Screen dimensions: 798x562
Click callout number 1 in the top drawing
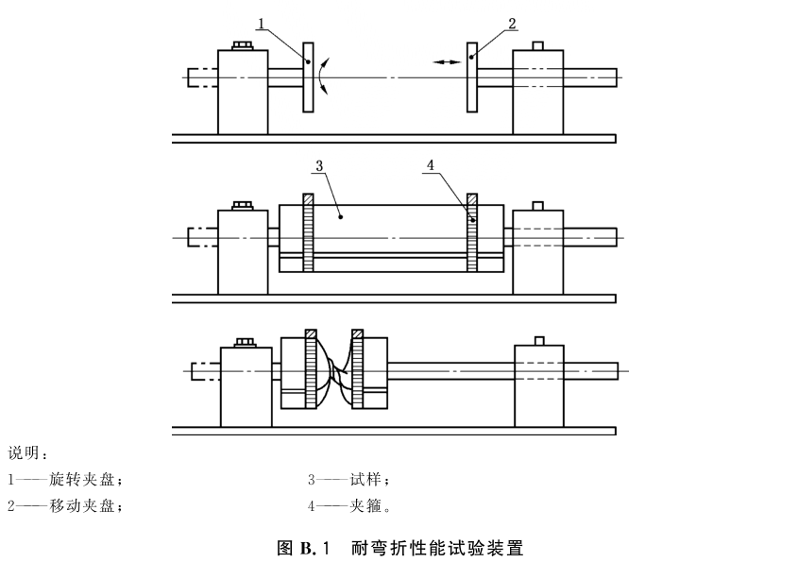click(x=262, y=24)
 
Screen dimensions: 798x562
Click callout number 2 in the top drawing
click(x=512, y=23)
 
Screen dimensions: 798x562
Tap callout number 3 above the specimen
click(x=319, y=165)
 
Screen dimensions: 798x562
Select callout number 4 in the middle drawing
click(x=431, y=165)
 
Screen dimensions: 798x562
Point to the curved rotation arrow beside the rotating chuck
click(x=322, y=77)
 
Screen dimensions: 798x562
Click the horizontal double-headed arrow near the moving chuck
click(x=447, y=62)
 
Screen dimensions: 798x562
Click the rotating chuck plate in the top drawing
click(x=308, y=77)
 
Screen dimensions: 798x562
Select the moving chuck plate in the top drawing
click(x=472, y=77)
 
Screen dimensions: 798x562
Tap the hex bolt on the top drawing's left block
click(x=243, y=46)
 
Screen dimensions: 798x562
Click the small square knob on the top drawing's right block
click(x=537, y=46)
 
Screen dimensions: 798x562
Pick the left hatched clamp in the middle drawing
click(x=308, y=232)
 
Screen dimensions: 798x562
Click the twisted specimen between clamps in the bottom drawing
click(x=332, y=370)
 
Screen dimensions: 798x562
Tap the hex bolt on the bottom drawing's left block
click(x=246, y=343)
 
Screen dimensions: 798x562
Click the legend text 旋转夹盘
click(x=81, y=480)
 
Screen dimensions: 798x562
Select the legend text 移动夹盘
click(x=81, y=506)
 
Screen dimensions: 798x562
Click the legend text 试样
click(x=365, y=480)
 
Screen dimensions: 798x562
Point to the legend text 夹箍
click(x=365, y=506)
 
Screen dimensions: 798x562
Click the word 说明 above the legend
click(x=24, y=452)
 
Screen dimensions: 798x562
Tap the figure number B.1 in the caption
click(x=315, y=548)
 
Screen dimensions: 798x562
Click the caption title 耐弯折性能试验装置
click(x=437, y=548)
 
